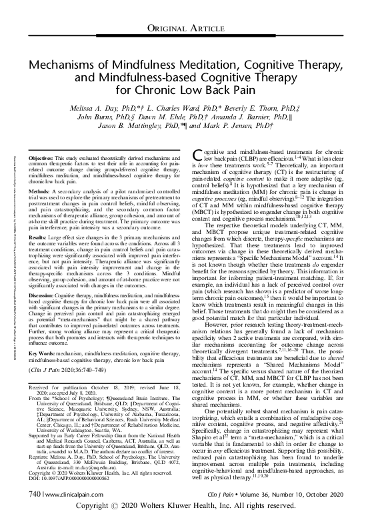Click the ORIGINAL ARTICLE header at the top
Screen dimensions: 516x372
pyautogui.click(x=185, y=27)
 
